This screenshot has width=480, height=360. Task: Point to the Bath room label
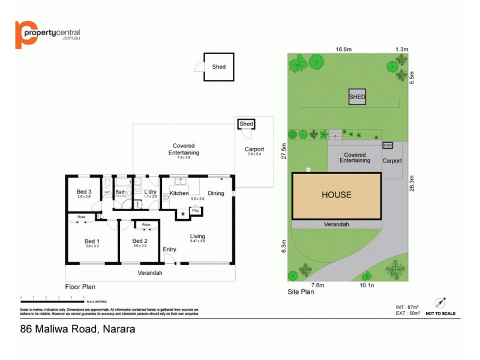pos(121,192)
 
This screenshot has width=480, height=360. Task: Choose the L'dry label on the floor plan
pos(151,192)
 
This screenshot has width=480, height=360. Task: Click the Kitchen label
pos(179,193)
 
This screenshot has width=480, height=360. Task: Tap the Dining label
pos(215,193)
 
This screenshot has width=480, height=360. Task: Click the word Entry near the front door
pos(170,250)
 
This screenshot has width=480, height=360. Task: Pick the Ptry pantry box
pos(195,211)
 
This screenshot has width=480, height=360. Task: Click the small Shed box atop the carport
pos(247,124)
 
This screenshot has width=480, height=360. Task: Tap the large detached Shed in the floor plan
pos(219,67)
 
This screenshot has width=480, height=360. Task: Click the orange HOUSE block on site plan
pos(336,196)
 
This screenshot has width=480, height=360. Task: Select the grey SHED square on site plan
pos(358,97)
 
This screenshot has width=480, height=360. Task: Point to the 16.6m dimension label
pos(343,49)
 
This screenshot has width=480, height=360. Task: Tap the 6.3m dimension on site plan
pos(284,246)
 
